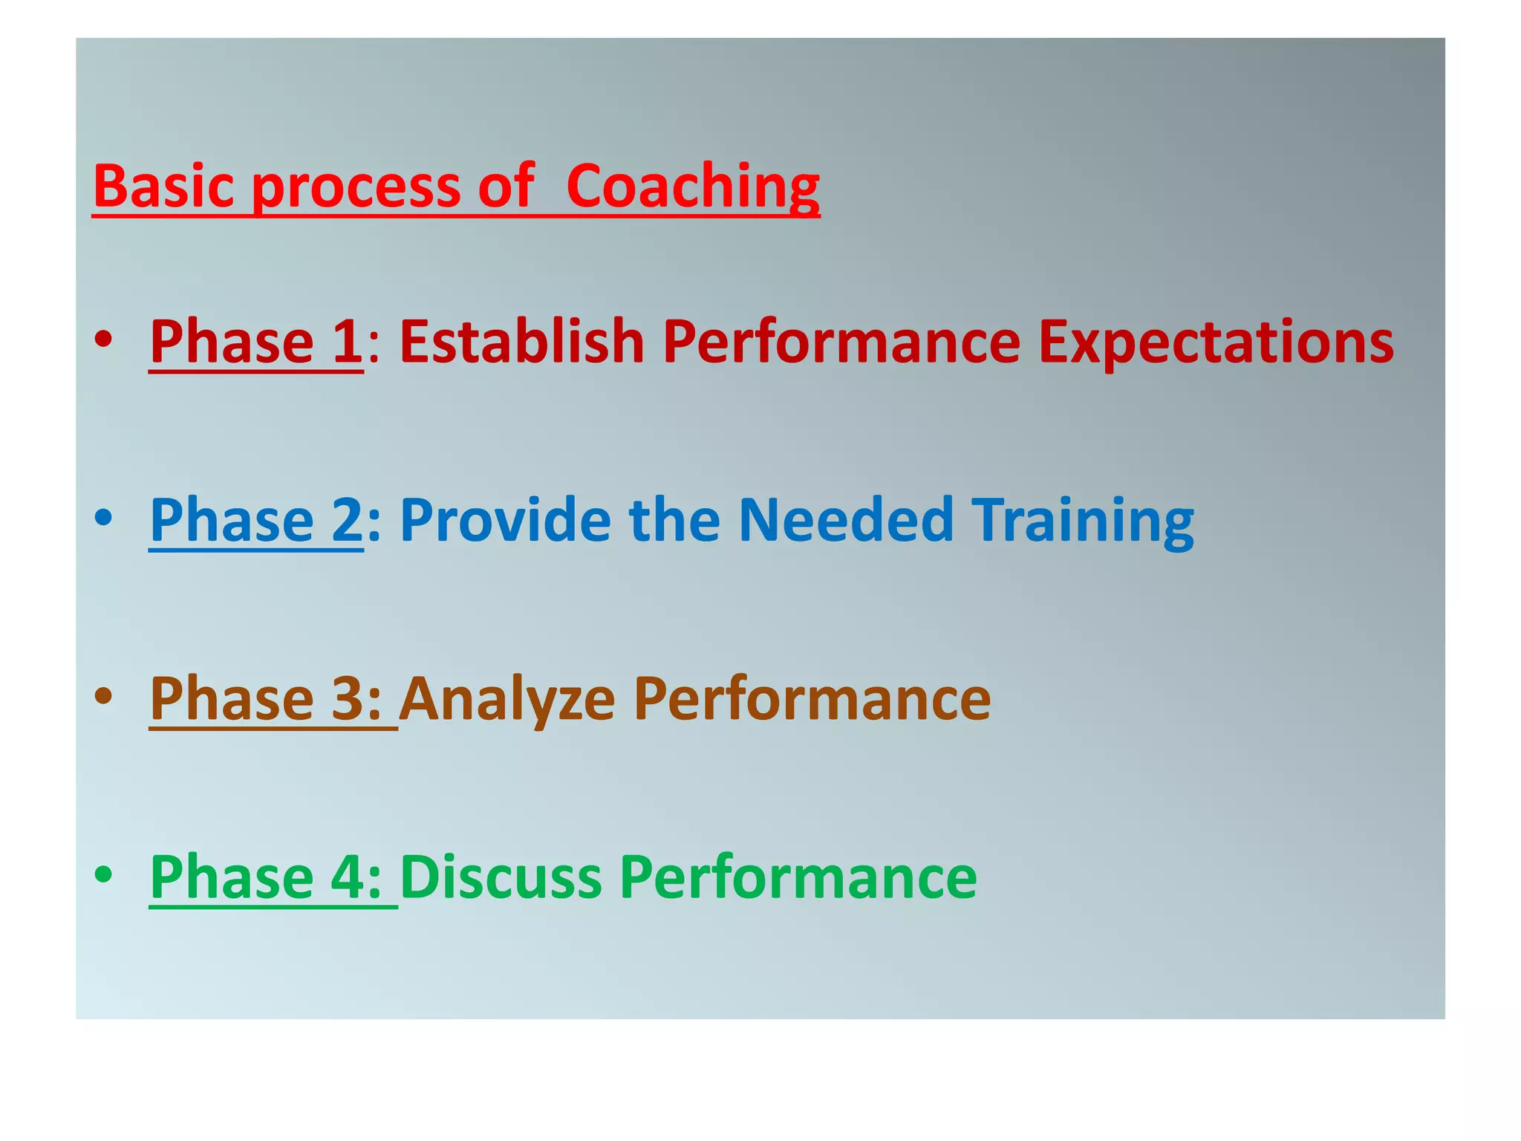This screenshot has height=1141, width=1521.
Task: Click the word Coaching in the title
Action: click(x=692, y=187)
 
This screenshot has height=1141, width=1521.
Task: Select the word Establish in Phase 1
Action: click(x=521, y=342)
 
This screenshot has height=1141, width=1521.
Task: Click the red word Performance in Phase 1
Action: click(x=841, y=342)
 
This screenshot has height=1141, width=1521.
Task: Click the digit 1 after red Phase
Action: click(x=347, y=342)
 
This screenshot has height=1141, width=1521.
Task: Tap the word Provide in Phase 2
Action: click(x=505, y=520)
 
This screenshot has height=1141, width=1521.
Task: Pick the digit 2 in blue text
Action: click(x=347, y=520)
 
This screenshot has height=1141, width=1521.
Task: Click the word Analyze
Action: click(x=507, y=700)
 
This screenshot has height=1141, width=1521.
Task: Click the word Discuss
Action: click(x=501, y=877)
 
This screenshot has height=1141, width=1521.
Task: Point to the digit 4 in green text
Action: click(x=347, y=877)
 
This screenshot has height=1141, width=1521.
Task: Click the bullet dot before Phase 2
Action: click(x=103, y=518)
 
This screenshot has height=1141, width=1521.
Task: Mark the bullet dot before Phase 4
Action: click(x=103, y=874)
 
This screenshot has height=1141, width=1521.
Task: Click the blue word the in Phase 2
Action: click(x=674, y=520)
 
